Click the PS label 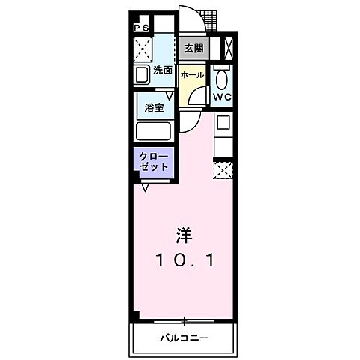(141, 28)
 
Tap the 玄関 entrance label (193, 49)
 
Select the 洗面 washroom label (163, 70)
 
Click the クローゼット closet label (152, 161)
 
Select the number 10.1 (185, 260)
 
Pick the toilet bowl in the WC (221, 79)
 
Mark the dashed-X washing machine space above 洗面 (142, 49)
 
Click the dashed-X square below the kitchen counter (223, 172)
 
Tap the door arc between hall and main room (193, 100)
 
